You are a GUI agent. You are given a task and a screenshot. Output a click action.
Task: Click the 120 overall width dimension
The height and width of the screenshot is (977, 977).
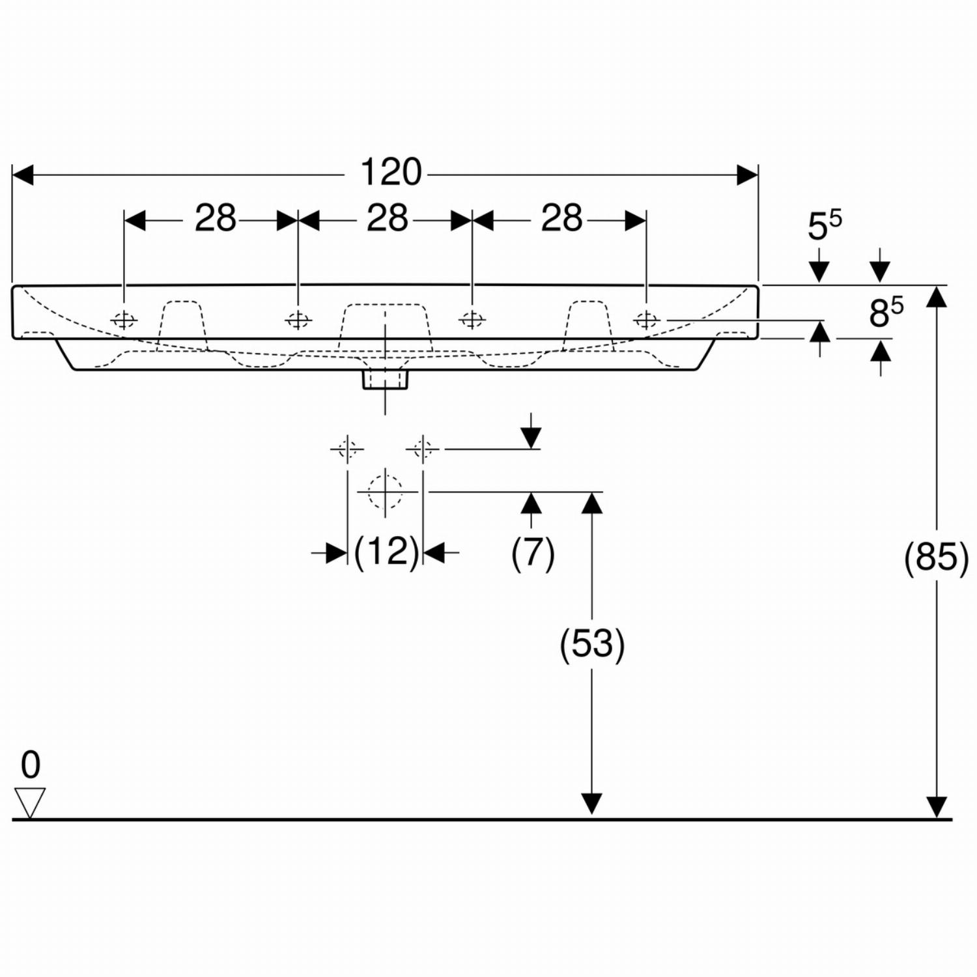391,173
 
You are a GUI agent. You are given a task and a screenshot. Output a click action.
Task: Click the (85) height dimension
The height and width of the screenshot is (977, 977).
937,558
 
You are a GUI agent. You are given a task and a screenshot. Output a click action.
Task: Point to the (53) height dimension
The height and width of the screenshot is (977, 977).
592,644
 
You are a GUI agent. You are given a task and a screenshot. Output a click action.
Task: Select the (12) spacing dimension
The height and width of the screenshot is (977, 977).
386,552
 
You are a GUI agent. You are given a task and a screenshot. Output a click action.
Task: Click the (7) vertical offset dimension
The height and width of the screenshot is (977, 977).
533,552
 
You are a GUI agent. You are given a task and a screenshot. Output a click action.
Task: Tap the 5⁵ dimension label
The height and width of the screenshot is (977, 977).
825,225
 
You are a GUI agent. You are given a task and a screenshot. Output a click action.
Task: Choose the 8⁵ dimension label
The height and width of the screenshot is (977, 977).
886,311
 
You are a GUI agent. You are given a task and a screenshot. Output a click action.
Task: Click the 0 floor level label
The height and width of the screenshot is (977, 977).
31,765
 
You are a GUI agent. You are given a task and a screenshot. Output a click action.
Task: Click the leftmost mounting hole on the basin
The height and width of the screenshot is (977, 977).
124,320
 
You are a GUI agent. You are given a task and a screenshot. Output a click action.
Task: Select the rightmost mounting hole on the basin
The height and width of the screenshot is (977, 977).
646,320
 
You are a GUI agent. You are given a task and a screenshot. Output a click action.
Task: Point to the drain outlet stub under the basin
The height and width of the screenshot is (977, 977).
385,379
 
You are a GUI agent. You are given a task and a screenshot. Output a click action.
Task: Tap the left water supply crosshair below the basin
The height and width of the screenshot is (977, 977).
347,449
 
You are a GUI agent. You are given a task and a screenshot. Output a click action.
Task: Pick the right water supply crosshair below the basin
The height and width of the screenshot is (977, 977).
423,449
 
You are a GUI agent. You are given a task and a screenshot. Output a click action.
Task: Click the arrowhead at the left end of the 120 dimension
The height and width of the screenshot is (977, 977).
23,175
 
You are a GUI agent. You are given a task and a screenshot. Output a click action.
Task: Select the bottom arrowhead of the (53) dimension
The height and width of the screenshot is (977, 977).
592,804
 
